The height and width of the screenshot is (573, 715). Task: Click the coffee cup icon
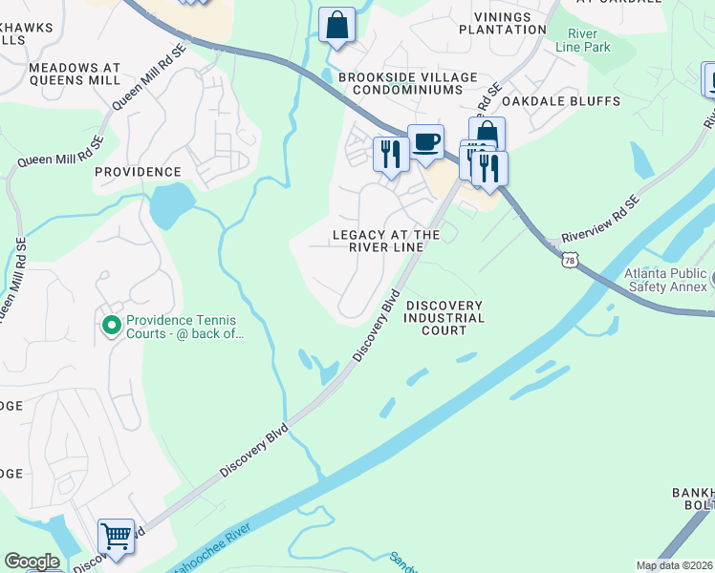pyautogui.click(x=425, y=143)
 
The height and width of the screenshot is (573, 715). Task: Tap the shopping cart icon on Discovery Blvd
pyautogui.click(x=116, y=537)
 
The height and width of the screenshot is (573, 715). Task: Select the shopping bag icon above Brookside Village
pyautogui.click(x=336, y=26)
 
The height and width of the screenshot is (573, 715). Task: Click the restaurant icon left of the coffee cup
pyautogui.click(x=390, y=153)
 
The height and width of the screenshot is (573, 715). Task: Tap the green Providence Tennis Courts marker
pyautogui.click(x=112, y=326)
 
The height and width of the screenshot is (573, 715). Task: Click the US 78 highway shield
pyautogui.click(x=570, y=260)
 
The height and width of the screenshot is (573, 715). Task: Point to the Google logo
pyautogui.click(x=32, y=562)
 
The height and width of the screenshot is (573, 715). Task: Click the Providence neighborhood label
pyautogui.click(x=138, y=172)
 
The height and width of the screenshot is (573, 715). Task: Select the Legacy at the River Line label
pyautogui.click(x=386, y=241)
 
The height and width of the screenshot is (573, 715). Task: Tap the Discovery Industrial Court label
pyautogui.click(x=444, y=318)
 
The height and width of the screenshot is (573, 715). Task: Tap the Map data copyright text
pyautogui.click(x=674, y=565)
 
